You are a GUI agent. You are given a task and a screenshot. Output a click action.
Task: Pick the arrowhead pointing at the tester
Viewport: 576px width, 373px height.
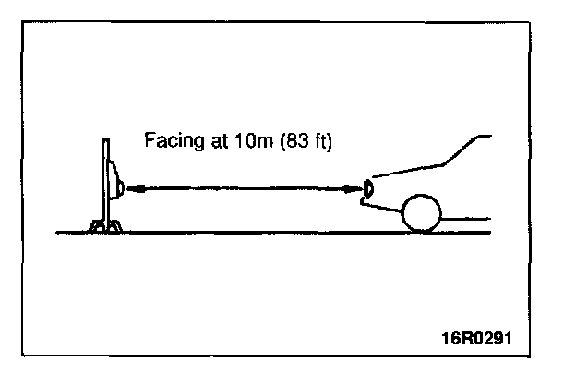tap(133, 188)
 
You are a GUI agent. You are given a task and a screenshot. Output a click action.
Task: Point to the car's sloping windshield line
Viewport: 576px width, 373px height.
tap(462, 150)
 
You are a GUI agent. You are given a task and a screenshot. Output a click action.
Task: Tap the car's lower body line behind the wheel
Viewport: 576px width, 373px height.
tap(467, 219)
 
